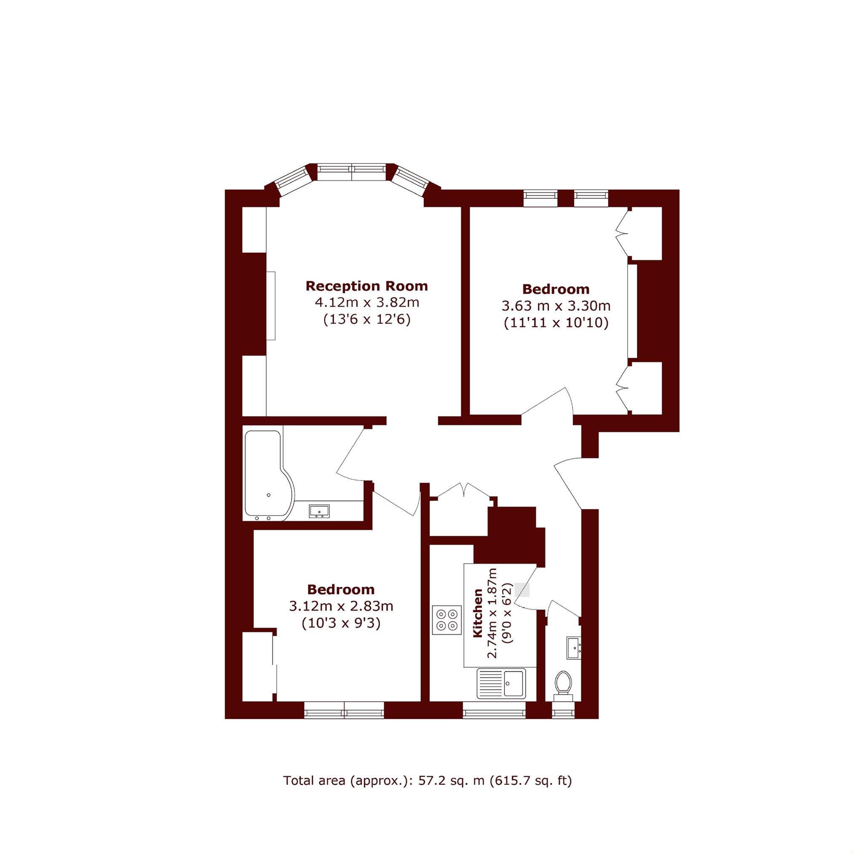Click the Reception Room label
tap(366, 286)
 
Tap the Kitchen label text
tap(478, 613)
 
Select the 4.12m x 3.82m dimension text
tap(367, 302)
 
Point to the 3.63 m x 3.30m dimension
tap(556, 305)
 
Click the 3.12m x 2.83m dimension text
tap(341, 606)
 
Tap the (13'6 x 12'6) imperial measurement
tap(367, 319)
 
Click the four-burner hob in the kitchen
tap(447, 620)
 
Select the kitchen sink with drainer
tap(501, 684)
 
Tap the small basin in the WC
tap(574, 648)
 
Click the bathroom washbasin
tap(319, 511)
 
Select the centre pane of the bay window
tap(352, 172)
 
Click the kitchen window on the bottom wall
tap(494, 709)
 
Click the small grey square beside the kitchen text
tap(522, 590)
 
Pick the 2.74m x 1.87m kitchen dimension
tap(492, 613)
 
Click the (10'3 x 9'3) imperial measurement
tap(341, 623)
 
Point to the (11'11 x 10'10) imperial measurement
tap(556, 322)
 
